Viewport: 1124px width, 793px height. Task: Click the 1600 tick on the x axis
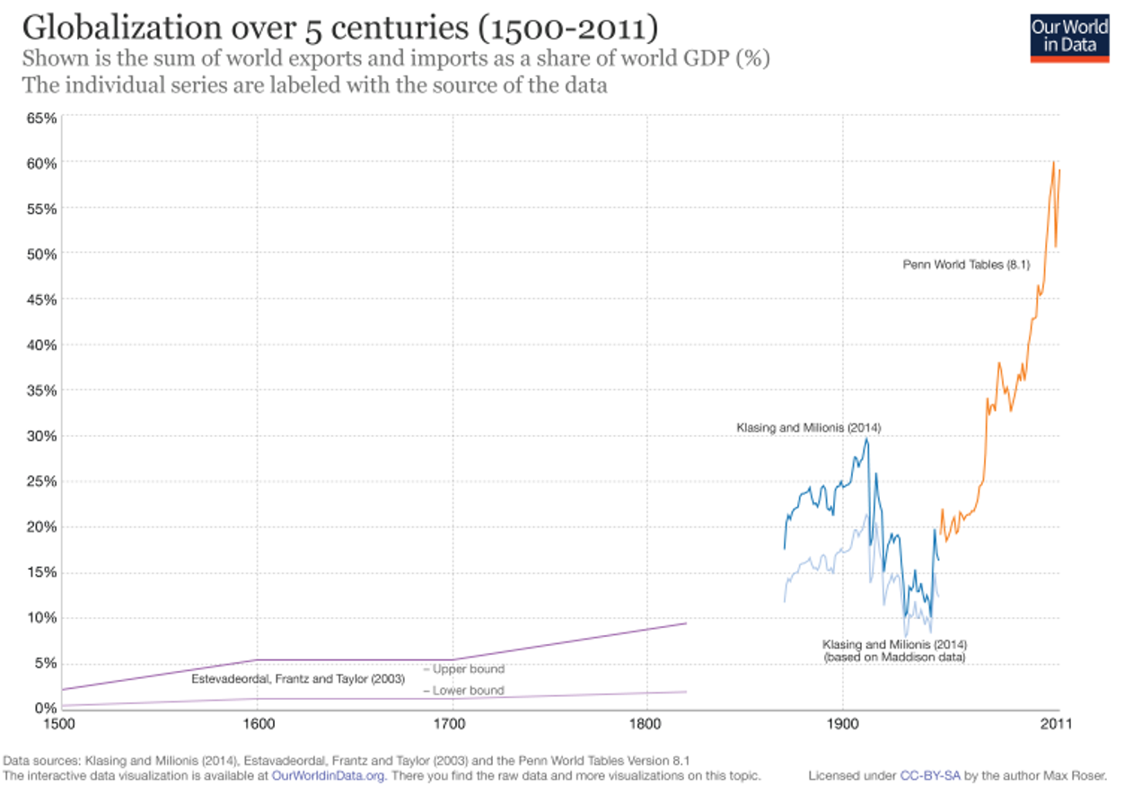pyautogui.click(x=258, y=722)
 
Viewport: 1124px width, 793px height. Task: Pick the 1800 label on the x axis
pyautogui.click(x=647, y=722)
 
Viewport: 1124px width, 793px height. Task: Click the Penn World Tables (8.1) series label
pyautogui.click(x=965, y=265)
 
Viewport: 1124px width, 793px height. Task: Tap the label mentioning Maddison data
pyautogui.click(x=894, y=650)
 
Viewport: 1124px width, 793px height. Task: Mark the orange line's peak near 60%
pyautogui.click(x=1053, y=162)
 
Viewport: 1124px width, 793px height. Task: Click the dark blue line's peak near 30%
pyautogui.click(x=866, y=438)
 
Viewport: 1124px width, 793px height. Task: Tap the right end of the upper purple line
pyautogui.click(x=686, y=623)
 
